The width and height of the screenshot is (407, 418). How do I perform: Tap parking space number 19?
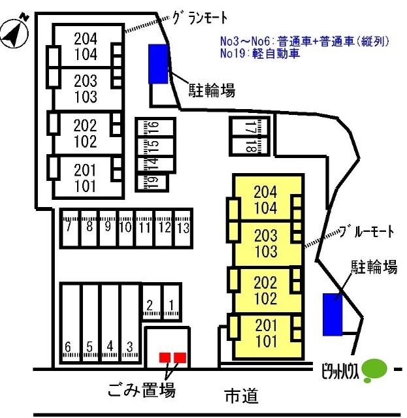[152, 183]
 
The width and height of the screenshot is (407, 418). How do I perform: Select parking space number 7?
[70, 229]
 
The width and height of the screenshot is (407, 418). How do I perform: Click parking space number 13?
[184, 229]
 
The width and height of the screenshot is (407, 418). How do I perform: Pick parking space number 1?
[172, 302]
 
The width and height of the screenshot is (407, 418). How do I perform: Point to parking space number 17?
[250, 127]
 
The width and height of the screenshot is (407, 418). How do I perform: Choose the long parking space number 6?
[71, 323]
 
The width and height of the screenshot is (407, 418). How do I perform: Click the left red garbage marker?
[165, 357]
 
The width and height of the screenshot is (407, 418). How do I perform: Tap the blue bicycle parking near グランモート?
[159, 64]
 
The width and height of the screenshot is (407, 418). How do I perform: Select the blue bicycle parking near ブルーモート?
[333, 315]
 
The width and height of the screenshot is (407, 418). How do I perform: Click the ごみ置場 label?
[141, 390]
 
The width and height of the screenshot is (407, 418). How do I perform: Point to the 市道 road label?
[242, 396]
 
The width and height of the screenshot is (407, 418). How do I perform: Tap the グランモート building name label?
[200, 18]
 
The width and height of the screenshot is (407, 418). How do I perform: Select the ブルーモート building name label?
[367, 231]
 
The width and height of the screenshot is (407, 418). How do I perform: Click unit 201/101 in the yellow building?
[266, 333]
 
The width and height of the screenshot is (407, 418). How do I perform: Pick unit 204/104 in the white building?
[86, 46]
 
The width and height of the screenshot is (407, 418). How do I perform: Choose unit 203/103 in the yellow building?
[266, 243]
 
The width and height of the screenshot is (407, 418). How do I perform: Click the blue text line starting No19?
[260, 54]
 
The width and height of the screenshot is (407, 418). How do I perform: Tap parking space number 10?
[126, 229]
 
